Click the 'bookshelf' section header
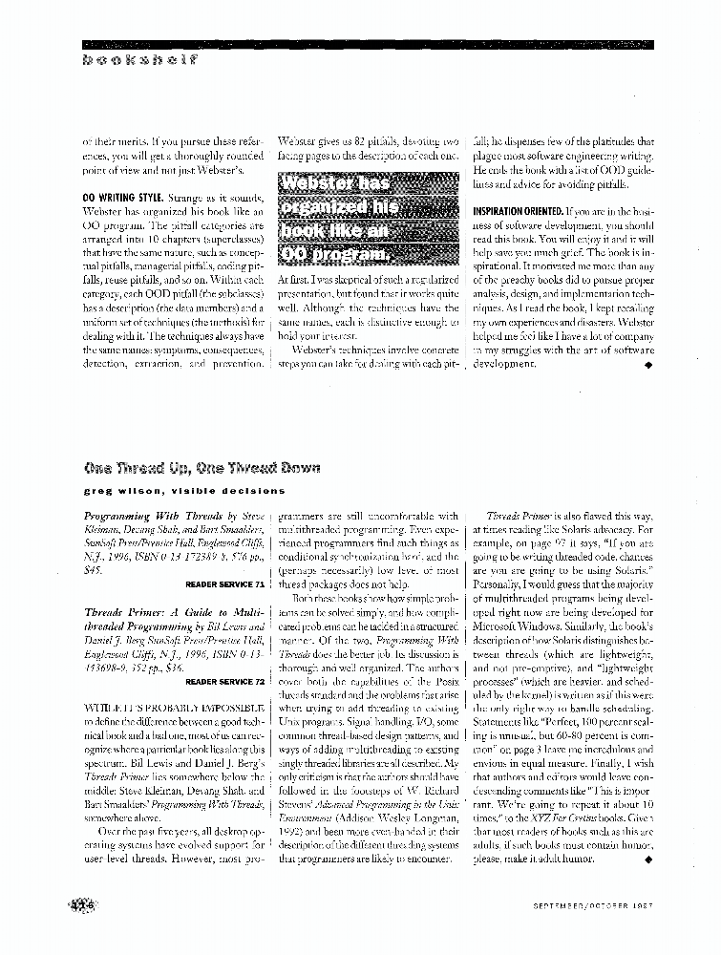coord(139,59)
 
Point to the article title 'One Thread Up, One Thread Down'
coord(201,467)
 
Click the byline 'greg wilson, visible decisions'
coord(183,491)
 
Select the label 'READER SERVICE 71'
coord(224,583)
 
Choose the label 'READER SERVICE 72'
coord(224,682)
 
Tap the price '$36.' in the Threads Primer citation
coord(175,668)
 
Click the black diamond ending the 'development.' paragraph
coord(647,364)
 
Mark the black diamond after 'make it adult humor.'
coord(648,859)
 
